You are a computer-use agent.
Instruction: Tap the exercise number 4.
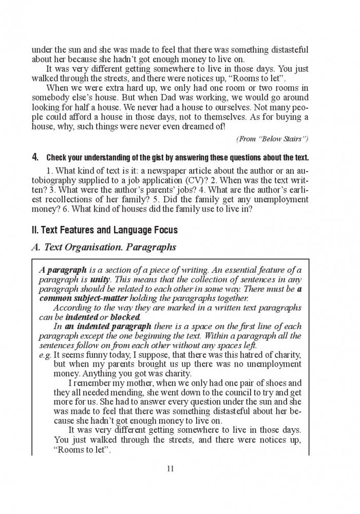(34, 156)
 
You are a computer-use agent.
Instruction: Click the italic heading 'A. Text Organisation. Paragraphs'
(103, 247)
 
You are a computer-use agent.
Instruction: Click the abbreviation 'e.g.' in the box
(45, 354)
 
